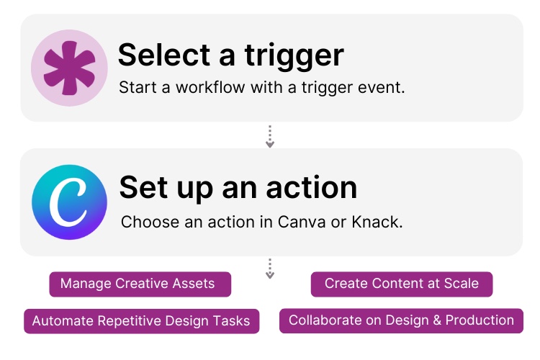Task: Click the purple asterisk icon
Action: click(x=69, y=68)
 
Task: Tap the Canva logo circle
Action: click(x=69, y=202)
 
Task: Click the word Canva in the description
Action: click(x=300, y=222)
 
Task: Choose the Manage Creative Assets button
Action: click(x=138, y=284)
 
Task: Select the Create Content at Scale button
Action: click(x=401, y=284)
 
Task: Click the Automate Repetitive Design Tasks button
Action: click(x=140, y=320)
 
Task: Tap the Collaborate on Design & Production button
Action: click(x=401, y=320)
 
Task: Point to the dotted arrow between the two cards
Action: click(x=270, y=135)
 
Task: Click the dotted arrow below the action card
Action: click(x=270, y=268)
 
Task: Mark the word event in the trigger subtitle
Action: click(x=386, y=89)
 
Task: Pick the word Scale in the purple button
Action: click(x=462, y=284)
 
